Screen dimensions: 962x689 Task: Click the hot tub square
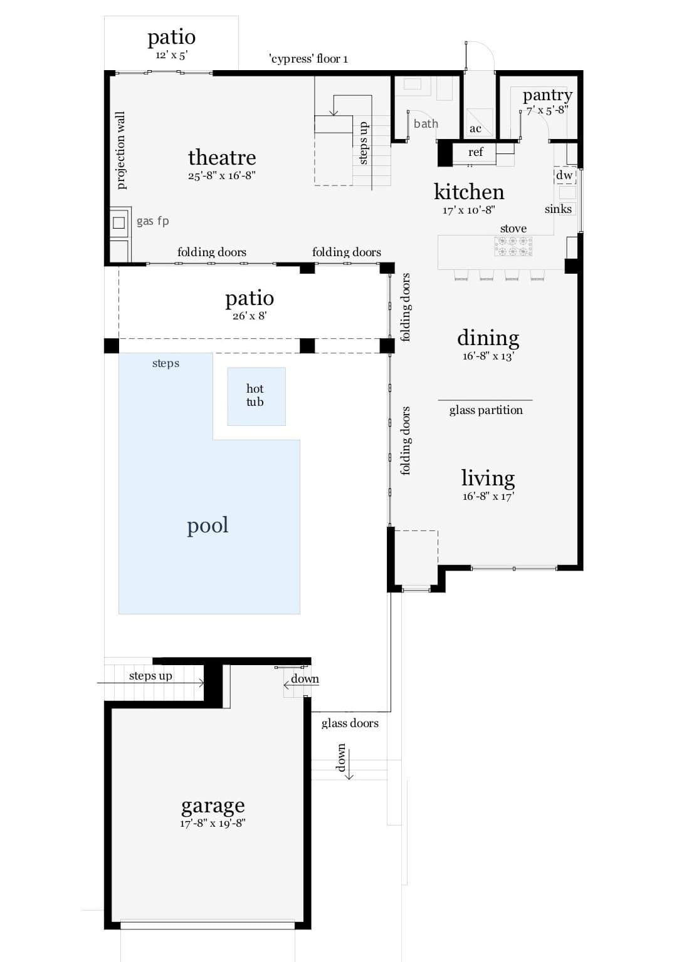[256, 396]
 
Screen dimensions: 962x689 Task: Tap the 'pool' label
[208, 525]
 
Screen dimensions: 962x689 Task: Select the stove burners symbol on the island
[513, 246]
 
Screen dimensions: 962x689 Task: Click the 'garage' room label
[213, 805]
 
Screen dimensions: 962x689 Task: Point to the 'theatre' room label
[222, 157]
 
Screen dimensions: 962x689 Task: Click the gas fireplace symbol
[118, 222]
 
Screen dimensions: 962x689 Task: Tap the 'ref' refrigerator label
[475, 152]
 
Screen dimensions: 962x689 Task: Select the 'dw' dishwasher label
[564, 175]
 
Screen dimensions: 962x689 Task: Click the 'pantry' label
[547, 95]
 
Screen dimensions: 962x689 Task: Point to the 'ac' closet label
[475, 129]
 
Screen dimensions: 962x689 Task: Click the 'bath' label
[426, 124]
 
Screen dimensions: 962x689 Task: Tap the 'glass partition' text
[486, 410]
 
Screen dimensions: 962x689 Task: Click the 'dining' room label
[488, 338]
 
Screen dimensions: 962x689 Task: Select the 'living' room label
[488, 478]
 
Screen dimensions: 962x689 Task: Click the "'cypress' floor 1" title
[308, 59]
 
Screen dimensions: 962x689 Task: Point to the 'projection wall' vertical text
[121, 150]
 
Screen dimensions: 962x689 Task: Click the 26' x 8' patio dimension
[250, 316]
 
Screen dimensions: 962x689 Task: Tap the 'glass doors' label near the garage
[350, 723]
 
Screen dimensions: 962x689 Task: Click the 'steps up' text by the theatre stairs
[364, 143]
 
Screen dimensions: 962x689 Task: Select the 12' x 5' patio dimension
[171, 54]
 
